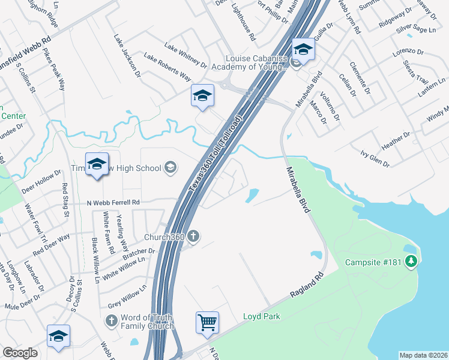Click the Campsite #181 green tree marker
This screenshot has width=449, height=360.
(x=411, y=262)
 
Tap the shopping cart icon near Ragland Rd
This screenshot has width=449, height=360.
(x=207, y=322)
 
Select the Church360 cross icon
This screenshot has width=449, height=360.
(x=193, y=236)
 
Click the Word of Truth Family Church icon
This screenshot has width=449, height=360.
(x=110, y=322)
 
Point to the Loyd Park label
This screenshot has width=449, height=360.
(x=262, y=316)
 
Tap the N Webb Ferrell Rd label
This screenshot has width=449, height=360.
(x=113, y=203)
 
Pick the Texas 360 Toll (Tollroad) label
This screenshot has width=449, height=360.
(x=215, y=154)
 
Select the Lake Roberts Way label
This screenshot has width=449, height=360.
(x=167, y=67)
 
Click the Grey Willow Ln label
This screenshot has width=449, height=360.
(x=127, y=298)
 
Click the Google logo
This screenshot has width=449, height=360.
(x=20, y=353)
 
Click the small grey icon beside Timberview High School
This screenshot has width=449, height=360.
(x=170, y=167)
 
